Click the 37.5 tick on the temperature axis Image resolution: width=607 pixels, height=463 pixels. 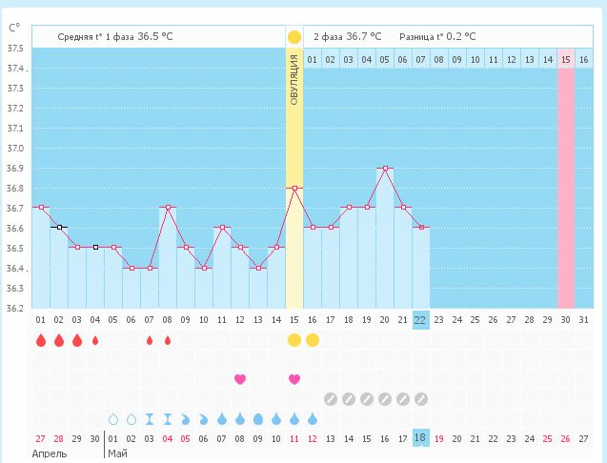[15, 49]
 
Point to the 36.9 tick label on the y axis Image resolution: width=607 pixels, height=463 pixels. [15, 169]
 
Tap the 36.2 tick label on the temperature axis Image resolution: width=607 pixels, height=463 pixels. [15, 308]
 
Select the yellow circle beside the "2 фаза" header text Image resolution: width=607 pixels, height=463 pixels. [294, 37]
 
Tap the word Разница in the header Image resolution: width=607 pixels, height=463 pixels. [421, 36]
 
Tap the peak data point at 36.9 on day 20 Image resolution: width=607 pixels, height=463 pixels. [385, 168]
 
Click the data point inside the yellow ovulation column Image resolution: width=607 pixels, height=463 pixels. [294, 188]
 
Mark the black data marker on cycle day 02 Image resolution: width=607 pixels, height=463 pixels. [59, 228]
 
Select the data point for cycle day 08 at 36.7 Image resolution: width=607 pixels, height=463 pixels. [168, 207]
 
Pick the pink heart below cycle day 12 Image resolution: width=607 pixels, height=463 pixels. [240, 379]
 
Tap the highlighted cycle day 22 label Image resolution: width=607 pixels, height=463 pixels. [420, 319]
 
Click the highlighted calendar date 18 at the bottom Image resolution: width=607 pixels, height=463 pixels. [420, 437]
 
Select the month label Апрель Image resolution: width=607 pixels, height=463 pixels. [50, 453]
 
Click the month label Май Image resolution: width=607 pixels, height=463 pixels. [118, 453]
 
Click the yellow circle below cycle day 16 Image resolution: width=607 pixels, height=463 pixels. [313, 340]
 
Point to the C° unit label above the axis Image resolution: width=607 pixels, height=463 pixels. [14, 28]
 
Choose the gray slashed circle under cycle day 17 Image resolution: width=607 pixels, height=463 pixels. [331, 399]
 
